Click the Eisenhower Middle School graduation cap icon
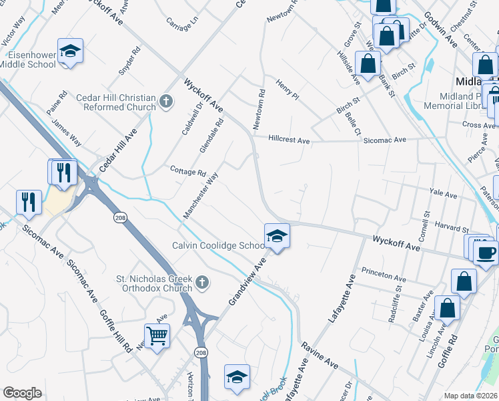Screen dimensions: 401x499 pos(69,51)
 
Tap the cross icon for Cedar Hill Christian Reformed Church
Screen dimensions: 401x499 pos(166,102)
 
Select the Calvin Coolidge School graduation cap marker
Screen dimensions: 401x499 pos(277,236)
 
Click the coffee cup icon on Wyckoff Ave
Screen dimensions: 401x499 pos(486,251)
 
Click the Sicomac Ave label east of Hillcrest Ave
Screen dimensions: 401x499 pos(385,140)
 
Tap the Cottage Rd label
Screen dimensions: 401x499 pos(187,171)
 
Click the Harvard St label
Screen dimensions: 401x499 pos(452,227)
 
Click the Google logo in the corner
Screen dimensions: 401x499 pos(23,393)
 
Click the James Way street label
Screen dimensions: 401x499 pos(67,133)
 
